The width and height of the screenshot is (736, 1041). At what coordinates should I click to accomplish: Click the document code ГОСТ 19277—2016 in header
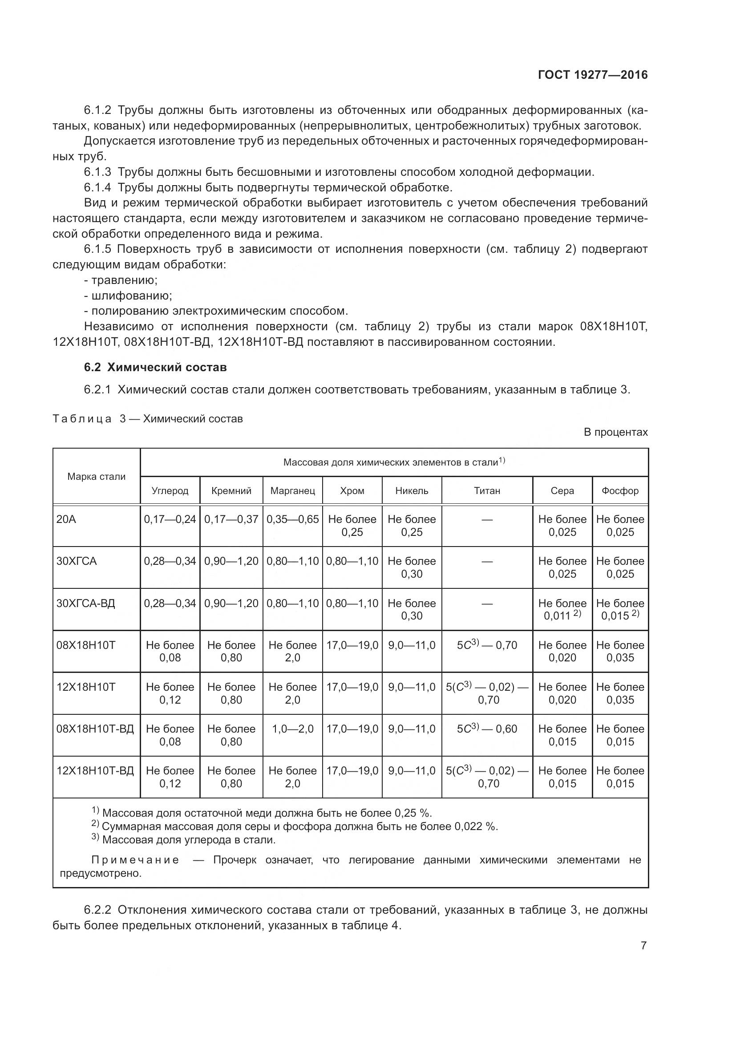point(592,75)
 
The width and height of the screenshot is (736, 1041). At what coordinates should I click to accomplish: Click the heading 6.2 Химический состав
point(155,367)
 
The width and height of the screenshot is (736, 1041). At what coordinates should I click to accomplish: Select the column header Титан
point(487,490)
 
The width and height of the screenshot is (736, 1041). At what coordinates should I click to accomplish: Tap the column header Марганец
point(292,490)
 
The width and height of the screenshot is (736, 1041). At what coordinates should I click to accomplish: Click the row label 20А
point(66,519)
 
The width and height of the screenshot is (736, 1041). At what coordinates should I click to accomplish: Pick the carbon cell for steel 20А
point(170,519)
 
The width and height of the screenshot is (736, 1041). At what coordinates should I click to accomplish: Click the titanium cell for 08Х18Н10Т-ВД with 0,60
point(487,729)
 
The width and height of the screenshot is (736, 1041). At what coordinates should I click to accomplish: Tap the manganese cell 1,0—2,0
point(292,729)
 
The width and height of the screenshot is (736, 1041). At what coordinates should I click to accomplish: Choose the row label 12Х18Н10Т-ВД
point(95,771)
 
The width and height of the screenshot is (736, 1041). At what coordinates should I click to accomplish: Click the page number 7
point(643,946)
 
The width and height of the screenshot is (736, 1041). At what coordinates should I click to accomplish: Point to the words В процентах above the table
point(615,432)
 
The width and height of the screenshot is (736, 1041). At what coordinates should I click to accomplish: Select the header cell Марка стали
point(96,477)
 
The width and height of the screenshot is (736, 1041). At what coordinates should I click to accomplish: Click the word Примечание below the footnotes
point(135,860)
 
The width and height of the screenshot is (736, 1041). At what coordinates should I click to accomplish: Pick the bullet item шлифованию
point(131,296)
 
